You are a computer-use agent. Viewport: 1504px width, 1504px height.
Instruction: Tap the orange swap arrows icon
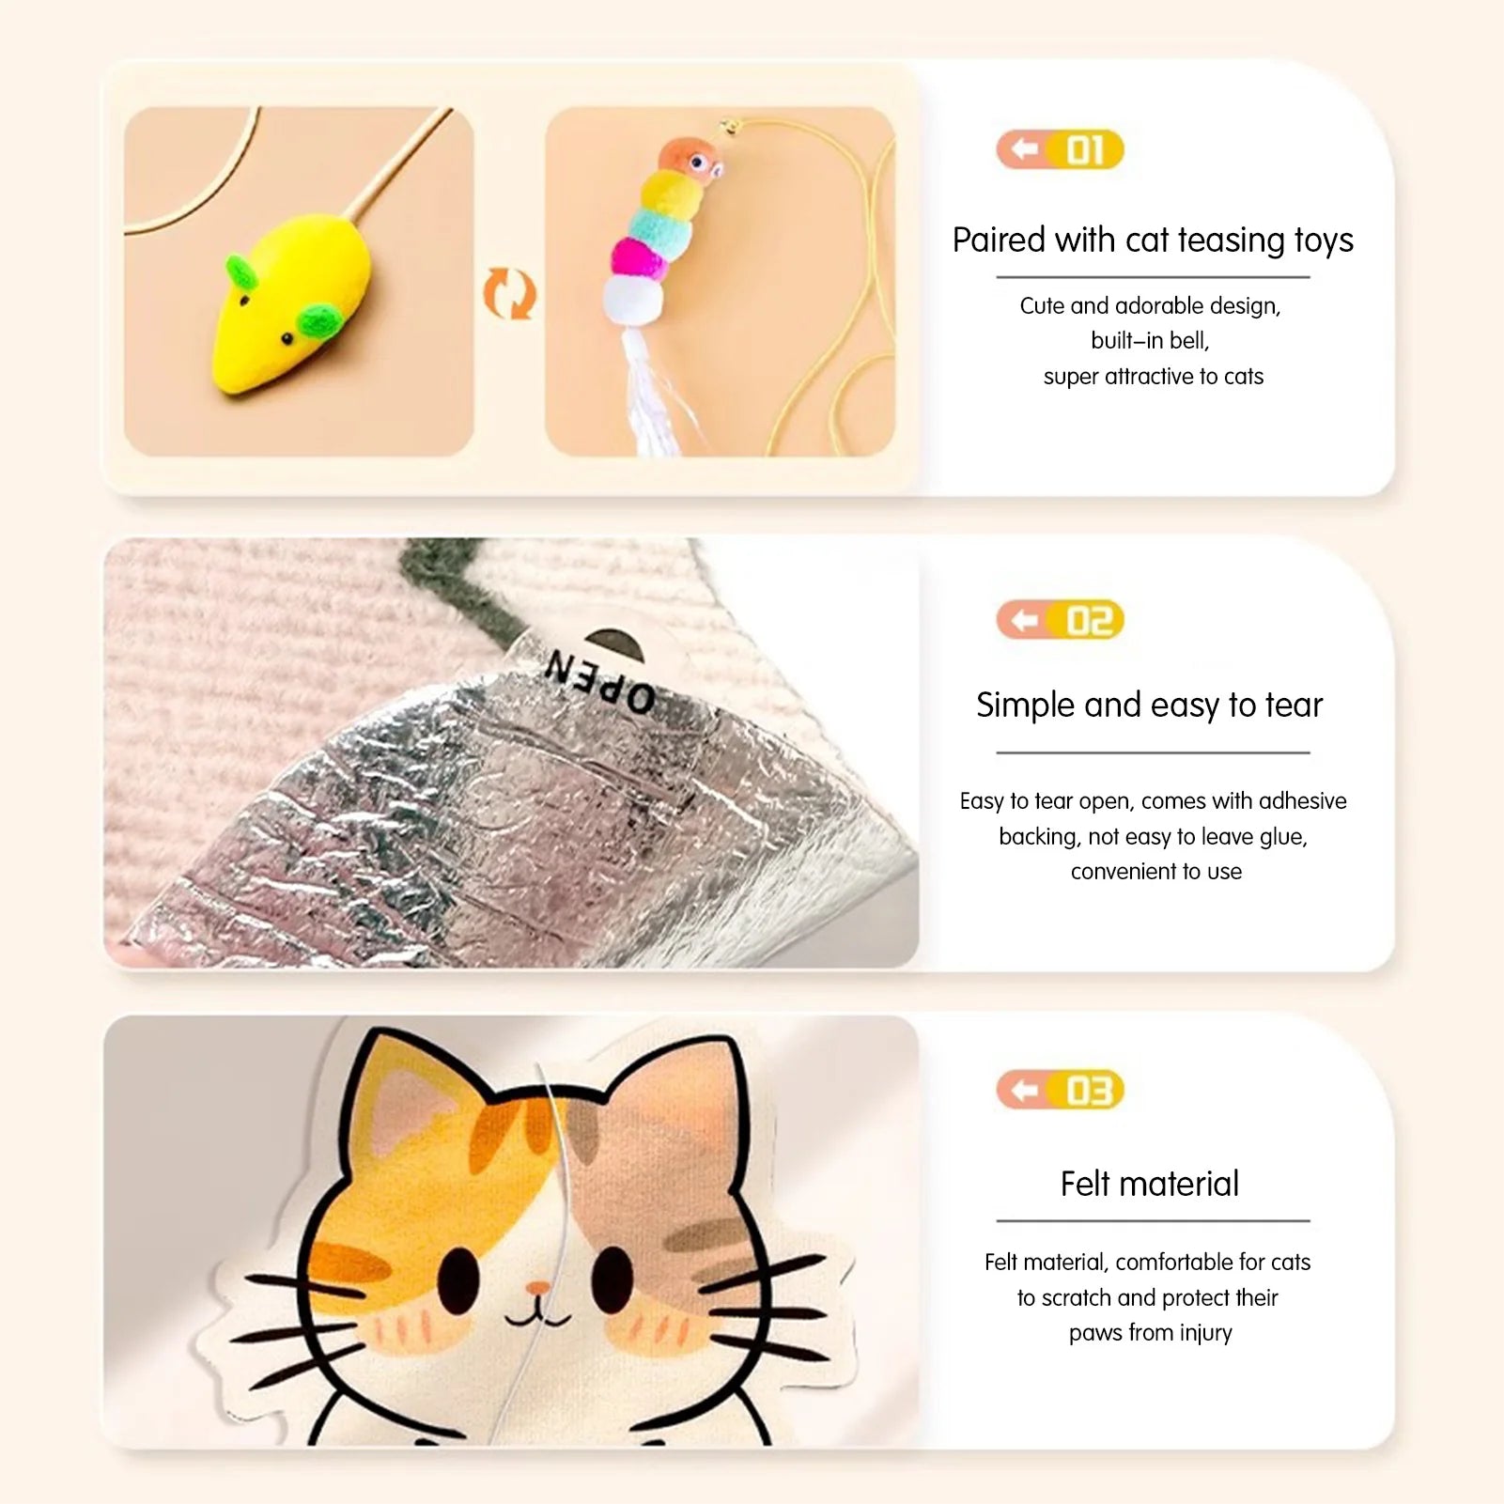coord(510,293)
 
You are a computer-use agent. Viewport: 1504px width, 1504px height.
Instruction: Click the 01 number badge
coord(1060,149)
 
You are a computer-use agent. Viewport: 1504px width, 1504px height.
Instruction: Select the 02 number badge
coord(1060,620)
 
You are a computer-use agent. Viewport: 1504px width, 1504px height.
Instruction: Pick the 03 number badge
coord(1060,1090)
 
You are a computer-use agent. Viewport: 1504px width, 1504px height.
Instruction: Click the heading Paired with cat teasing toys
coord(1153,240)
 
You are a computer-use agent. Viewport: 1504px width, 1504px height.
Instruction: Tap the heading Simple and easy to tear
coord(1149,705)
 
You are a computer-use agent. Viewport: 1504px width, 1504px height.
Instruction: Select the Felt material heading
coord(1149,1184)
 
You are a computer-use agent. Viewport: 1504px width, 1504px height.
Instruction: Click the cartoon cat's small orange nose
coord(537,1286)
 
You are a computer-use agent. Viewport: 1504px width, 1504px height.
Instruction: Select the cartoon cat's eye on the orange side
coord(459,1279)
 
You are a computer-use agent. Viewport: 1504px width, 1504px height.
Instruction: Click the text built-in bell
coord(1150,340)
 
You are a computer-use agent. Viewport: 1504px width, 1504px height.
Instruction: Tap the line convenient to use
coord(1155,872)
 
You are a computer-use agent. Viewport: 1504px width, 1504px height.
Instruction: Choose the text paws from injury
coord(1150,1333)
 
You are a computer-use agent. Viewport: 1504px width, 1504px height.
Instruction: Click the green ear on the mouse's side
coord(318,322)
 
